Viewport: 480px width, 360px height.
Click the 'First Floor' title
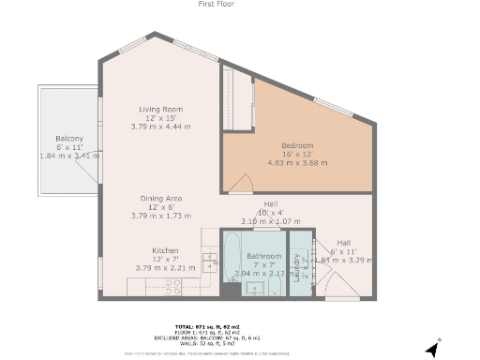216,5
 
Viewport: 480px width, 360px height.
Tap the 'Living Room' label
160,109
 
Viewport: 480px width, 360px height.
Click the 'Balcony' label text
68,138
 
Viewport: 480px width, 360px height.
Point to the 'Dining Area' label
160,199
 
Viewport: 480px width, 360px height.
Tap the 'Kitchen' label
166,250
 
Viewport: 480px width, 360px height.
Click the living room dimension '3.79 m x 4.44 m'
160,126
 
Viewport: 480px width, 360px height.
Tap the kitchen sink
211,266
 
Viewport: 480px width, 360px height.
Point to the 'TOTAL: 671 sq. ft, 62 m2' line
216,325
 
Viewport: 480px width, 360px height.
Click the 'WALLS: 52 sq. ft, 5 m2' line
216,343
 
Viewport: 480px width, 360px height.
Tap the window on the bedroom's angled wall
333,107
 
